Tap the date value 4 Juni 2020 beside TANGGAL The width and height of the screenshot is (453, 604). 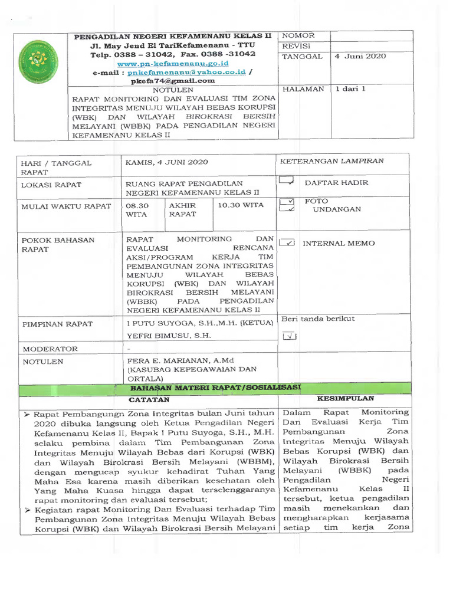360,57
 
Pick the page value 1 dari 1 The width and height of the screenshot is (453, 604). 350,89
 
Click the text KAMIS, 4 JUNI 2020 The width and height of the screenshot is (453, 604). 167,162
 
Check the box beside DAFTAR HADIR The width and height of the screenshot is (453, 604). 287,180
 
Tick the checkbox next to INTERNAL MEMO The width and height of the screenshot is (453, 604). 287,242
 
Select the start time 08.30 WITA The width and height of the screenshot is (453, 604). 137,210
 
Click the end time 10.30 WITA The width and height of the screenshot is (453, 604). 241,205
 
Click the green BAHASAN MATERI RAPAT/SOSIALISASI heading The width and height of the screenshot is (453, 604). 215,388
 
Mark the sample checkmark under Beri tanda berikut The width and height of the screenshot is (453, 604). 289,336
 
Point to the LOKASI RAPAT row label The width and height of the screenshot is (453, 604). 51,185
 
